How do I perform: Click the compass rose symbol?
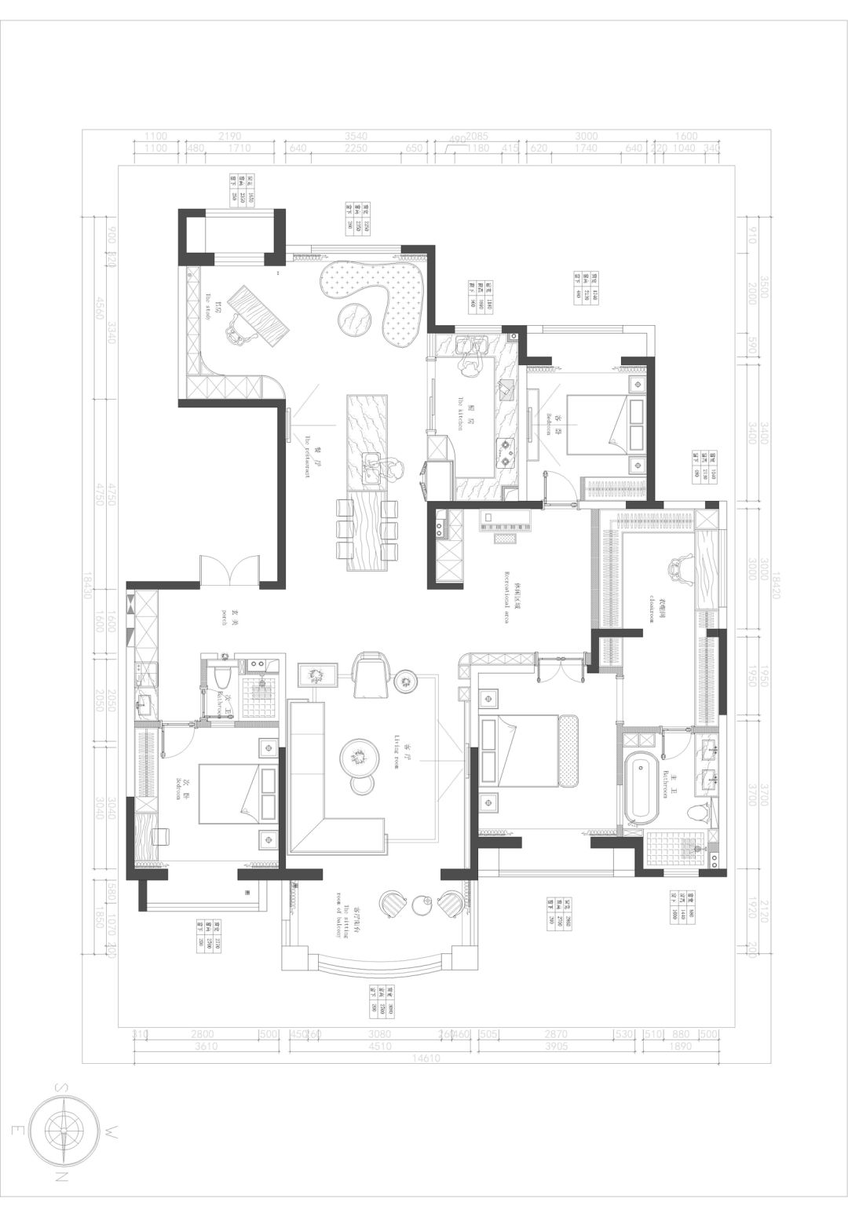(64, 1130)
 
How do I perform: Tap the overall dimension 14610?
(425, 1058)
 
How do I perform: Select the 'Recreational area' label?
(507, 597)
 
